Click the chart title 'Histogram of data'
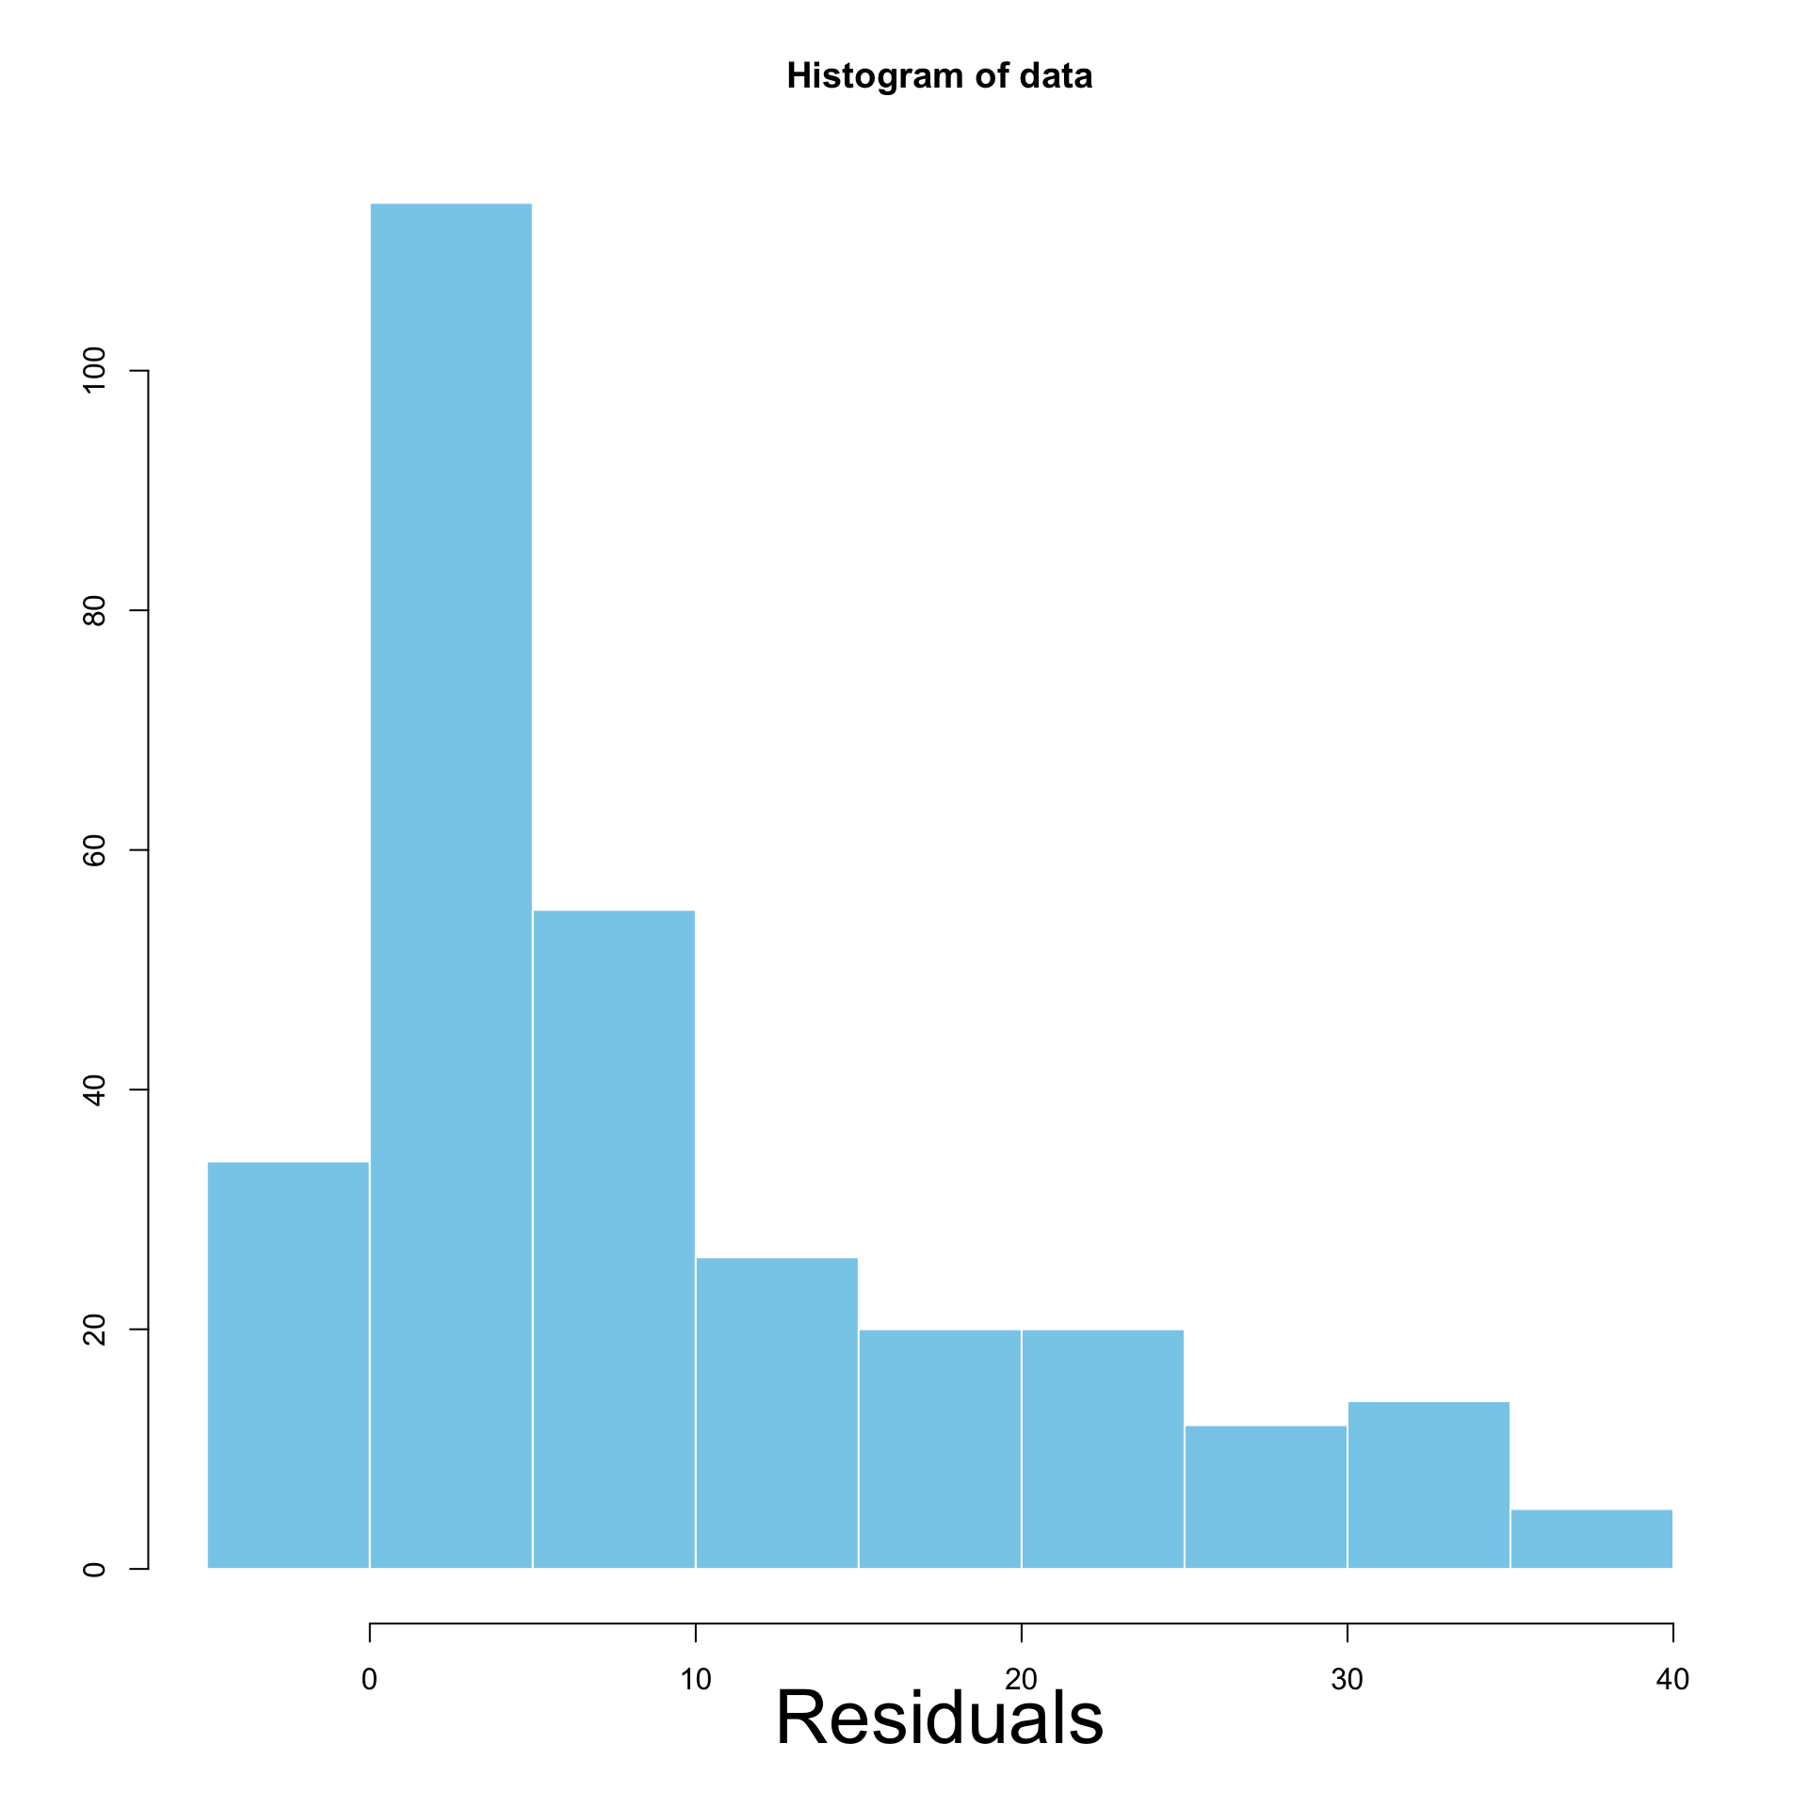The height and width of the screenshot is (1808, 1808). coord(939,76)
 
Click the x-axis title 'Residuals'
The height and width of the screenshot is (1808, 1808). coord(939,1717)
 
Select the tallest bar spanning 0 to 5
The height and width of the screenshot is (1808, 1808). coord(451,885)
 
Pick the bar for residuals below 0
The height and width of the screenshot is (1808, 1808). coord(288,1364)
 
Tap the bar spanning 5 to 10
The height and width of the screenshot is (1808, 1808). coord(614,1238)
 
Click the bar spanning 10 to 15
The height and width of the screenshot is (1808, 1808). coord(777,1412)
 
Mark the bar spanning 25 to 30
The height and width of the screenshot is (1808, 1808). coord(1266,1496)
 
